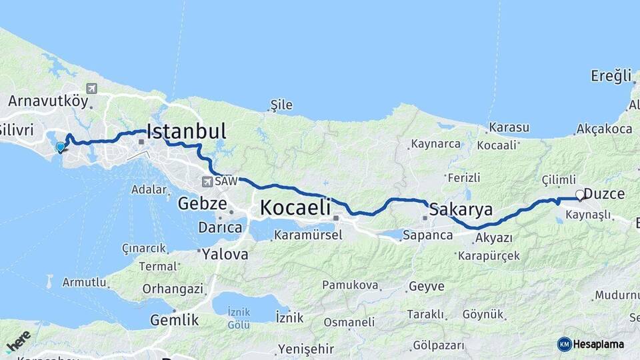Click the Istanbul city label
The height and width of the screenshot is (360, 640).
pos(186,131)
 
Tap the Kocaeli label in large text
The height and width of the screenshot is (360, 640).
pos(295,207)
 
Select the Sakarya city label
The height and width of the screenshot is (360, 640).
pos(461,209)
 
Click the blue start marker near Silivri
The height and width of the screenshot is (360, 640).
pos(61,147)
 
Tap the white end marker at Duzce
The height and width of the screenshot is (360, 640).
pos(579,195)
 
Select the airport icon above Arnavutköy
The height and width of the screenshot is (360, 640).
pos(91,89)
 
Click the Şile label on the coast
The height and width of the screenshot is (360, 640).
pos(281,105)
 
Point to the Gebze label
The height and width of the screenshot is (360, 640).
pos(202,204)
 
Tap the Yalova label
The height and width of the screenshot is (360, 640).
pos(225,254)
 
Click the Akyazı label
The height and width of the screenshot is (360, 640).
pos(494,237)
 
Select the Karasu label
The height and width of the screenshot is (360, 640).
pos(509,127)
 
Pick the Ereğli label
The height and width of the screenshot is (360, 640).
pos(611,76)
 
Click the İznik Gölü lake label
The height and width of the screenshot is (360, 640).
pos(239,318)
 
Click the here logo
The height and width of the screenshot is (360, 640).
pos(18,341)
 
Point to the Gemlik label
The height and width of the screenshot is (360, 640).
pos(174,320)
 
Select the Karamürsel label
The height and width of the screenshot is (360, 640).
pos(308,235)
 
